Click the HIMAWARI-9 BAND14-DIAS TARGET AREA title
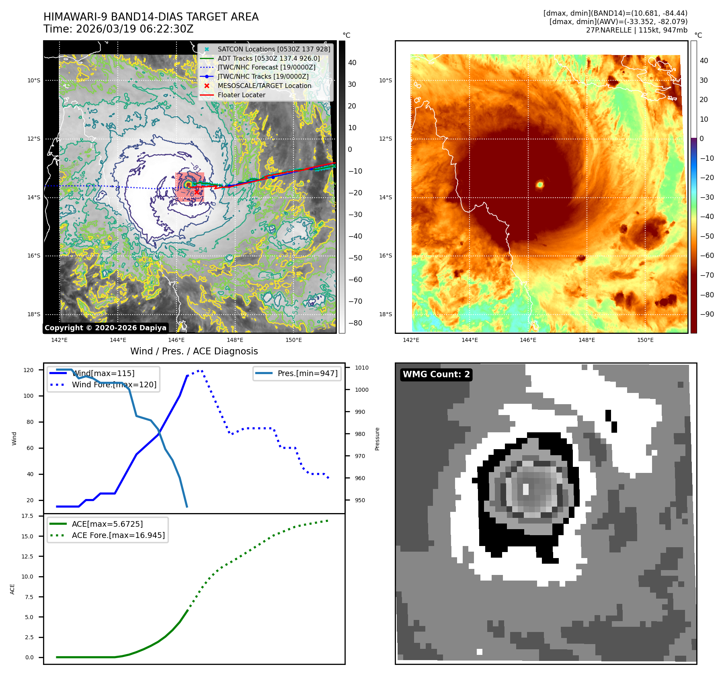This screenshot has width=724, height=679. click(151, 17)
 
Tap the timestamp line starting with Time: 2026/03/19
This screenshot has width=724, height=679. click(118, 29)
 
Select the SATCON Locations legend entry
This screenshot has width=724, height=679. click(273, 49)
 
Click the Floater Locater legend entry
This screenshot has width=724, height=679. click(241, 95)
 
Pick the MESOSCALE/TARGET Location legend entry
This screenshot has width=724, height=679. click(264, 86)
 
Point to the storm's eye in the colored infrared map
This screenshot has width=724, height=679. click(540, 184)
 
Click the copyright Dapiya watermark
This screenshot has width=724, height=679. click(105, 328)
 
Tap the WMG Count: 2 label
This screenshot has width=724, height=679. click(436, 374)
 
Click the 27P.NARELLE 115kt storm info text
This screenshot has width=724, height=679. click(636, 30)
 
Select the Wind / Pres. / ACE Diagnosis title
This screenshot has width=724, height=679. click(194, 351)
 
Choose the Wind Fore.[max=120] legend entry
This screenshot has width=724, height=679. click(114, 384)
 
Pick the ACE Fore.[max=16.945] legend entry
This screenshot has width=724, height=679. click(118, 535)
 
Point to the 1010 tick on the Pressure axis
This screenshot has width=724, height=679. click(361, 368)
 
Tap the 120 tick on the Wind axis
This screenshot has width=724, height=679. click(29, 370)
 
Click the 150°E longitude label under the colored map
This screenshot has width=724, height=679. click(645, 340)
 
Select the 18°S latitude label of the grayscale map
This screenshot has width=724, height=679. click(34, 314)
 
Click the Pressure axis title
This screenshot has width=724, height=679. click(377, 439)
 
